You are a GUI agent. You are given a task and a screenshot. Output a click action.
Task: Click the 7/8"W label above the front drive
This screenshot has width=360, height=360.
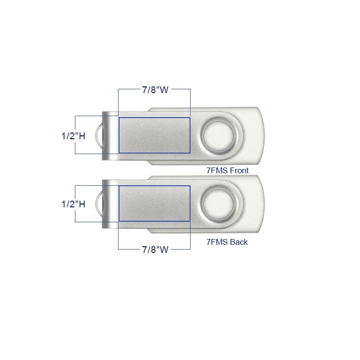pos(155,90)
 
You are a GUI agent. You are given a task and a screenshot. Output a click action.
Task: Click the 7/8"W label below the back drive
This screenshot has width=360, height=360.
pos(155,249)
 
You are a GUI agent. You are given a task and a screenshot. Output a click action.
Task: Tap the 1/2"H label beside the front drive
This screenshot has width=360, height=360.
pos(73,135)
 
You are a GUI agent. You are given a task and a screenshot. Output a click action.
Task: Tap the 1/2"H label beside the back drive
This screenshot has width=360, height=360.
pos(73,204)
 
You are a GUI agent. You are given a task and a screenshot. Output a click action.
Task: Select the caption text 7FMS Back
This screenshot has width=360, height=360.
pos(227,242)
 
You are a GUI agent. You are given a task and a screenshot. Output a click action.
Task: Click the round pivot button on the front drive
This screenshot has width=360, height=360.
pos(219,135)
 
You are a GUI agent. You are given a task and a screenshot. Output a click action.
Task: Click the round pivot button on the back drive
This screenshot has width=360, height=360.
pos(219,204)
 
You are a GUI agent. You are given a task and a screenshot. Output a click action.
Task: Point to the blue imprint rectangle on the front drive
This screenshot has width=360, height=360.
pos(154,135)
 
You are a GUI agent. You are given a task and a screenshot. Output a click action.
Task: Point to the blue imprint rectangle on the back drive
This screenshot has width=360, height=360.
pos(154,204)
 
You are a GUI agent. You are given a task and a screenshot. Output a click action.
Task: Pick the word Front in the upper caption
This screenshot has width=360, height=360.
pos(239,170)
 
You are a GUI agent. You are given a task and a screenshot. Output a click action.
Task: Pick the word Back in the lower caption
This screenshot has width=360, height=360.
pos(239,242)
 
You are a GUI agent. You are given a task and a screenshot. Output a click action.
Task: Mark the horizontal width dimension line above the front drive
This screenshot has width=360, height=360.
pos(130,90)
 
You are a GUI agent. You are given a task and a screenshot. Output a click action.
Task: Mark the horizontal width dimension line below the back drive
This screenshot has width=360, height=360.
pos(130,249)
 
